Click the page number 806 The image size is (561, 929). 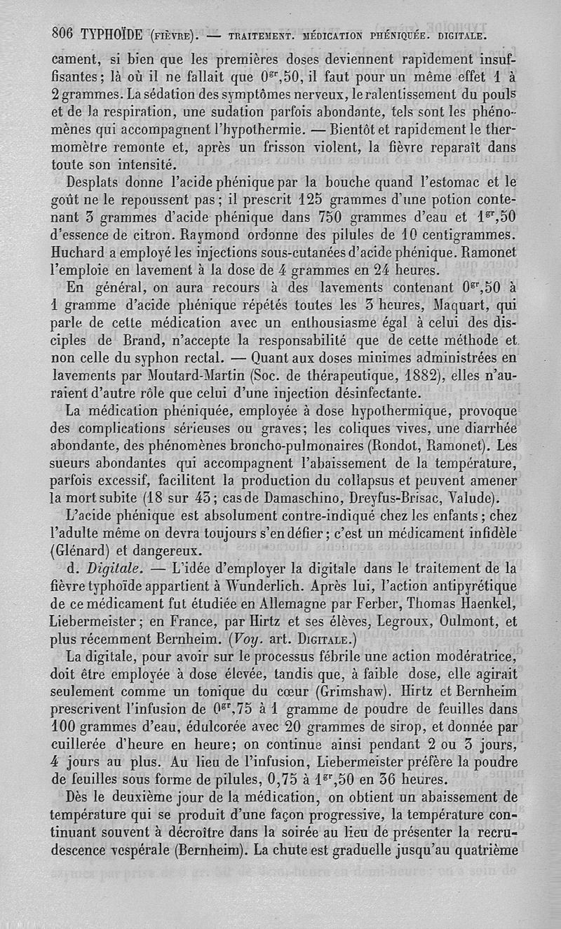pos(62,33)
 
